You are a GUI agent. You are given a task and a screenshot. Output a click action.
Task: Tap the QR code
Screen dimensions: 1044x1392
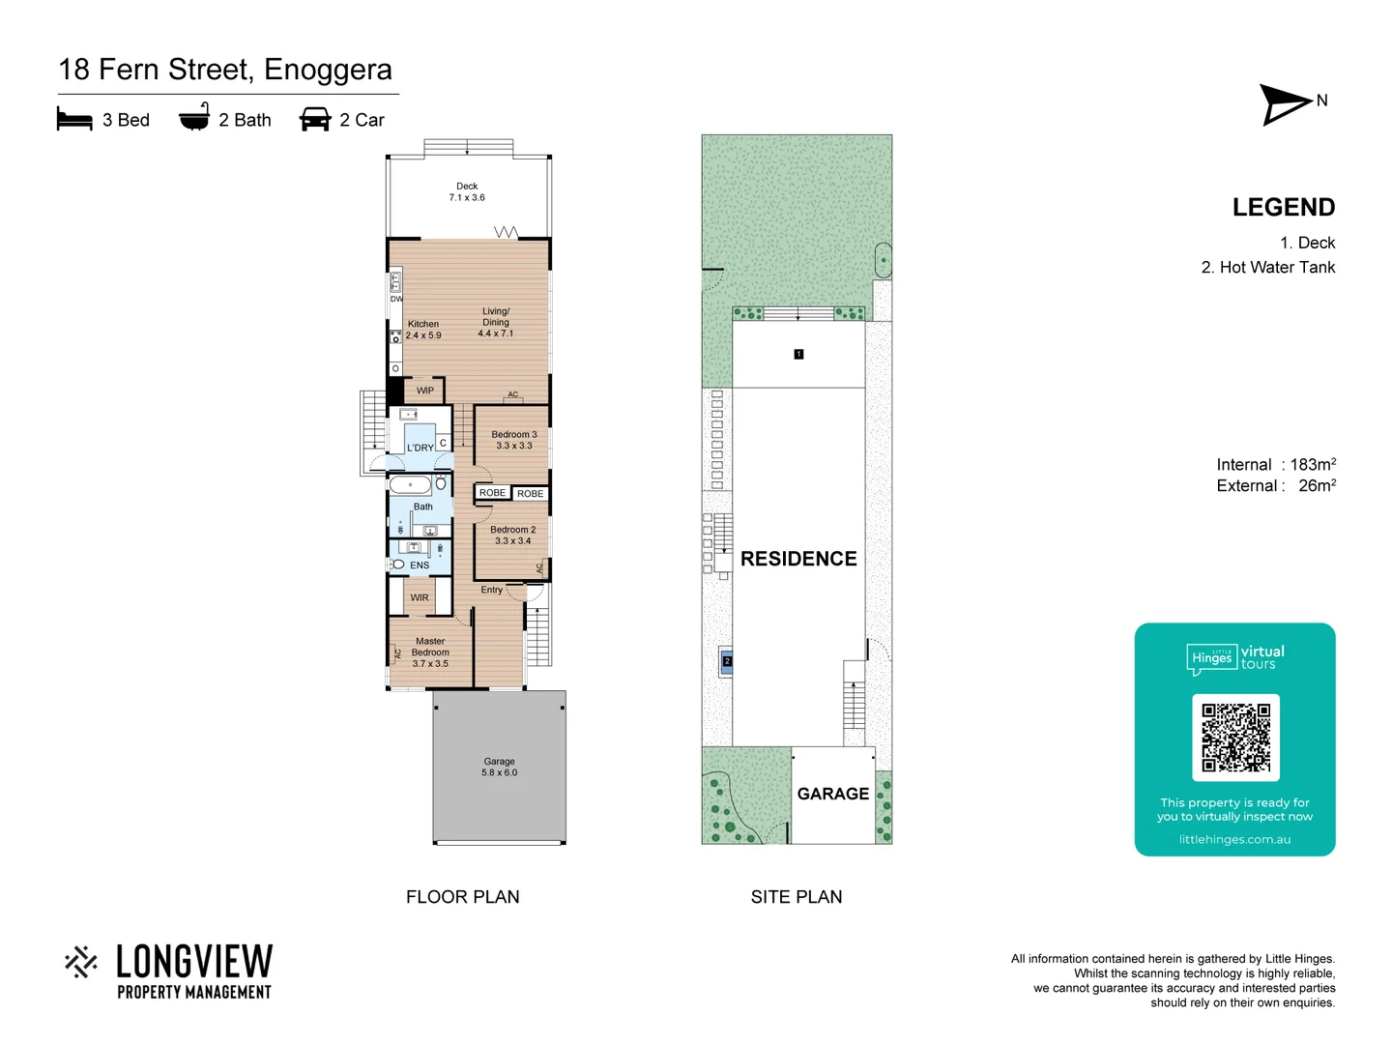coord(1235,738)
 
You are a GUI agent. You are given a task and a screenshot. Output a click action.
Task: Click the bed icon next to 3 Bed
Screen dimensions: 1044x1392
coord(74,119)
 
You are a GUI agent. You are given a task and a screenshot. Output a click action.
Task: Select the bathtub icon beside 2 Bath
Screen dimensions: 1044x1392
coord(194,118)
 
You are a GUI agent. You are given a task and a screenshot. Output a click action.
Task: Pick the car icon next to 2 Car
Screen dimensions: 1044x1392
coord(315,119)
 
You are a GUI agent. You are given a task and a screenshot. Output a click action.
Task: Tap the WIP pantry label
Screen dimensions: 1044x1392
coord(425,391)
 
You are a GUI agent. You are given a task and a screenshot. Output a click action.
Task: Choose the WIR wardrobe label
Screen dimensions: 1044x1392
coord(420,597)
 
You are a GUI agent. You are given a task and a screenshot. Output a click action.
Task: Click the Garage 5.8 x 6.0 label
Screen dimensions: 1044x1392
coord(499,767)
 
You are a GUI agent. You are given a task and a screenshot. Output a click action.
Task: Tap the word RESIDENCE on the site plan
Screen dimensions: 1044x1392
coord(798,559)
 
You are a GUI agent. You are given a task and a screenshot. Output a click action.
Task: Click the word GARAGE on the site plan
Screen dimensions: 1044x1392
coord(832,794)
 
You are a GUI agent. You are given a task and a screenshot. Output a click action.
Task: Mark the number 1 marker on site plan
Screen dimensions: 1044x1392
coord(798,355)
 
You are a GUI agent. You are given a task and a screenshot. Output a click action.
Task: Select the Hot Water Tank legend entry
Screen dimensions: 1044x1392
coord(1267,268)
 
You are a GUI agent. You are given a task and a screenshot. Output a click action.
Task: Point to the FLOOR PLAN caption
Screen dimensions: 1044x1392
coord(462,897)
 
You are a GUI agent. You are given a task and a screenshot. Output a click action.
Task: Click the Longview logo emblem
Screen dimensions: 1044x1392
coord(81,962)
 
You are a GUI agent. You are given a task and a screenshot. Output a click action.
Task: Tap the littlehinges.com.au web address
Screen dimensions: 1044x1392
coord(1234,839)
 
